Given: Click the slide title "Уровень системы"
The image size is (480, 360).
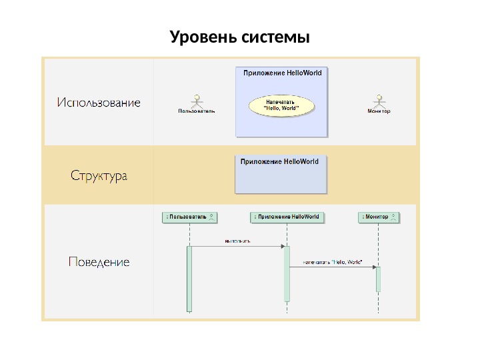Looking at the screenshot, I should [x=240, y=35].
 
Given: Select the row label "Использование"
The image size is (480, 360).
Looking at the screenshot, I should [x=99, y=103].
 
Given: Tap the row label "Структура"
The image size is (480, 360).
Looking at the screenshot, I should [x=99, y=177].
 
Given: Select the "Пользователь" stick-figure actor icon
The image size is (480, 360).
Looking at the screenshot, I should [x=196, y=100].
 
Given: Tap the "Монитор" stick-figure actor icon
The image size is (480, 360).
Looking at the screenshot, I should [x=379, y=100].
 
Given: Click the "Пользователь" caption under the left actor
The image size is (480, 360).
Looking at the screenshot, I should [x=196, y=112].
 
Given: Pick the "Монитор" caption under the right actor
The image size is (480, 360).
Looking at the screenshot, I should [x=379, y=112].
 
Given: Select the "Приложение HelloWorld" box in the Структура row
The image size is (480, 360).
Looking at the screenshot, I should [x=281, y=175].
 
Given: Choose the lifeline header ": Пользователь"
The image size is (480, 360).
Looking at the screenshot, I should [x=191, y=217].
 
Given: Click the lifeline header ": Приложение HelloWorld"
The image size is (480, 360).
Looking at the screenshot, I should [x=287, y=217].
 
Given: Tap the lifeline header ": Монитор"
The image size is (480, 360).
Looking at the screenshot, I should [x=379, y=217].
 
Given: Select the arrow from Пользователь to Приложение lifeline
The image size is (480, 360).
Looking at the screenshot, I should [x=237, y=246].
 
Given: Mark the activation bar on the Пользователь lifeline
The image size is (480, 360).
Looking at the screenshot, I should [x=189, y=279].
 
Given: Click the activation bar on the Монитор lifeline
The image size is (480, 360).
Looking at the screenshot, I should [x=378, y=279].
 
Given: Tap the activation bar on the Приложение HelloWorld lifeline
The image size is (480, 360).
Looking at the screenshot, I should [x=287, y=273].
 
